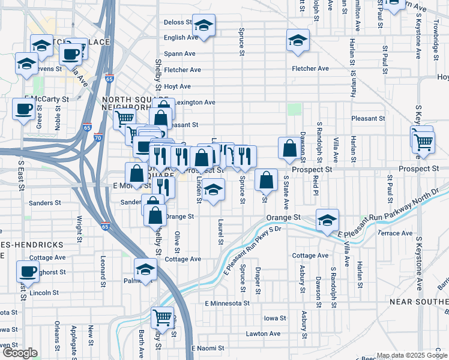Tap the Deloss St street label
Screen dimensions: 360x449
(x=177, y=23)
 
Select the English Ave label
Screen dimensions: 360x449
(x=181, y=37)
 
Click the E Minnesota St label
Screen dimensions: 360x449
(x=228, y=304)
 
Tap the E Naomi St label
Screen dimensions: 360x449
(x=208, y=348)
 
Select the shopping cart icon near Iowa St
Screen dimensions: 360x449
(x=162, y=316)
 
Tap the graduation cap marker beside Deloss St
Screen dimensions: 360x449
(x=204, y=26)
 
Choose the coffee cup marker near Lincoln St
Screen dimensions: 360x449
(x=28, y=271)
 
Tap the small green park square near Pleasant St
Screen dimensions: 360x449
(x=294, y=109)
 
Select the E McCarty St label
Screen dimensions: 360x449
(x=46, y=98)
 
